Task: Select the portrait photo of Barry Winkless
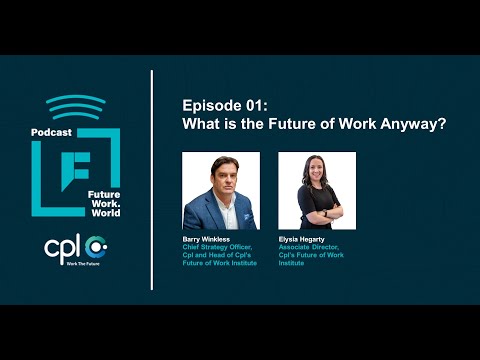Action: (x=221, y=191)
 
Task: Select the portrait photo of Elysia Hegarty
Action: (x=317, y=191)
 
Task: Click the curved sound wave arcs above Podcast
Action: (x=75, y=106)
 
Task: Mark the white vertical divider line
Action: (x=152, y=180)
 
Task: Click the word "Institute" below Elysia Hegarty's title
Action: (x=294, y=266)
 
